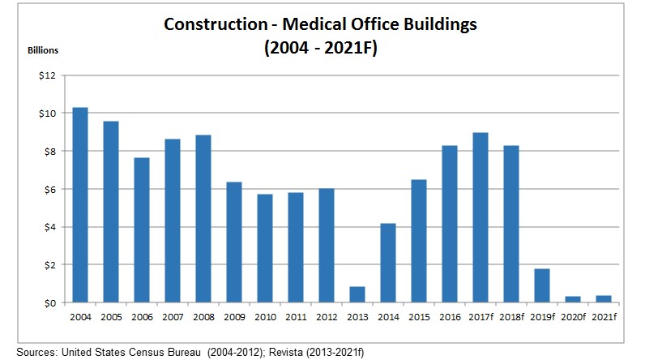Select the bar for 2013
tap(357, 294)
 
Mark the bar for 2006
tap(142, 229)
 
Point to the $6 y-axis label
tap(49, 189)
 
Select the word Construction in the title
tap(209, 24)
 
